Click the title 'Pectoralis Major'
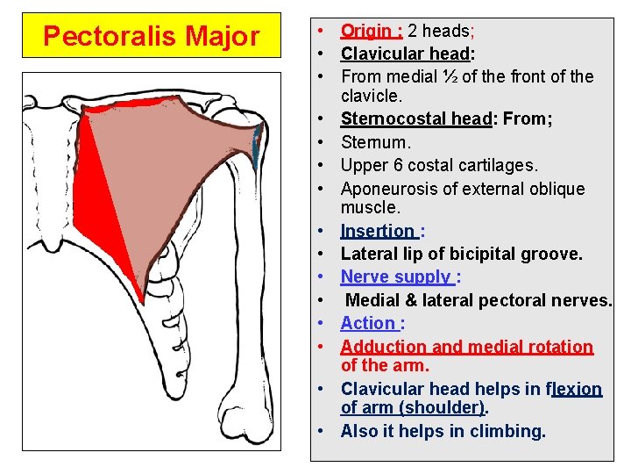pos(152,37)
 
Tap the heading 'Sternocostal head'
pos(415,118)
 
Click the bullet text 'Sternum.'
pos(375,142)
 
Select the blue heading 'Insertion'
pos(378,232)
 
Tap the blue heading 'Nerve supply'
pos(394,277)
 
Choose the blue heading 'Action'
pos(367,323)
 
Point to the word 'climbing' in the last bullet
pos(509,431)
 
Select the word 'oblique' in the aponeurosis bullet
pos(556,189)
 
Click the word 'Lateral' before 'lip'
pos(372,255)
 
